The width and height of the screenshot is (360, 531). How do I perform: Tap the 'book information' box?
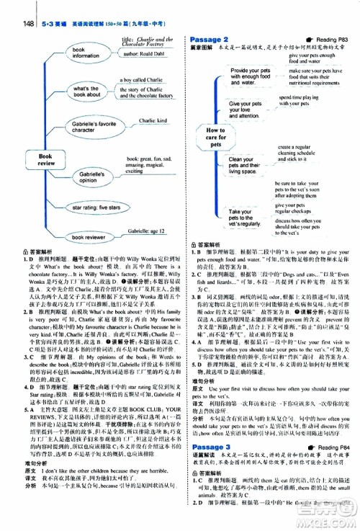click(86, 51)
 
